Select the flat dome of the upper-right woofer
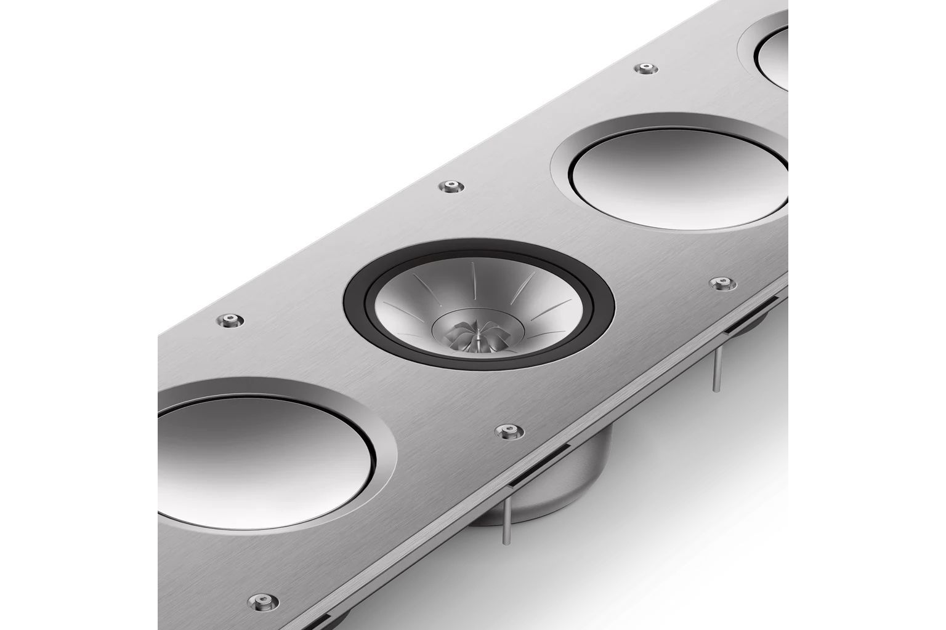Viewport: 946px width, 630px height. click(677, 172)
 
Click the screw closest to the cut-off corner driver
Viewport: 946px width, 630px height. click(645, 68)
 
